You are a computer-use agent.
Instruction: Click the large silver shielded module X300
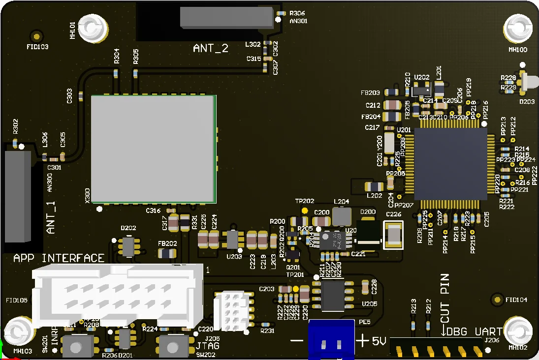coord(153,149)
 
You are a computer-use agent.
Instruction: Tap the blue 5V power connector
coord(331,340)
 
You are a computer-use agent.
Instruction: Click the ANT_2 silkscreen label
coord(210,48)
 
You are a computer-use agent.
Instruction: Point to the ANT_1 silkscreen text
coord(52,216)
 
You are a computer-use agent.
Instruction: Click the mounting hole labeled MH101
coord(92,29)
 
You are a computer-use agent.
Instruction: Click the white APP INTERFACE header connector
coord(117,294)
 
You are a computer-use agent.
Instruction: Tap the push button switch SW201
coord(76,346)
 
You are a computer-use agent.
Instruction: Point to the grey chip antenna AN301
coord(226,17)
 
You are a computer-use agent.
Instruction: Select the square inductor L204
coord(342,216)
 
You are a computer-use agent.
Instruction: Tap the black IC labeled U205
coord(333,295)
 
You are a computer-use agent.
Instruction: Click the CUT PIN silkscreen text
coord(444,298)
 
